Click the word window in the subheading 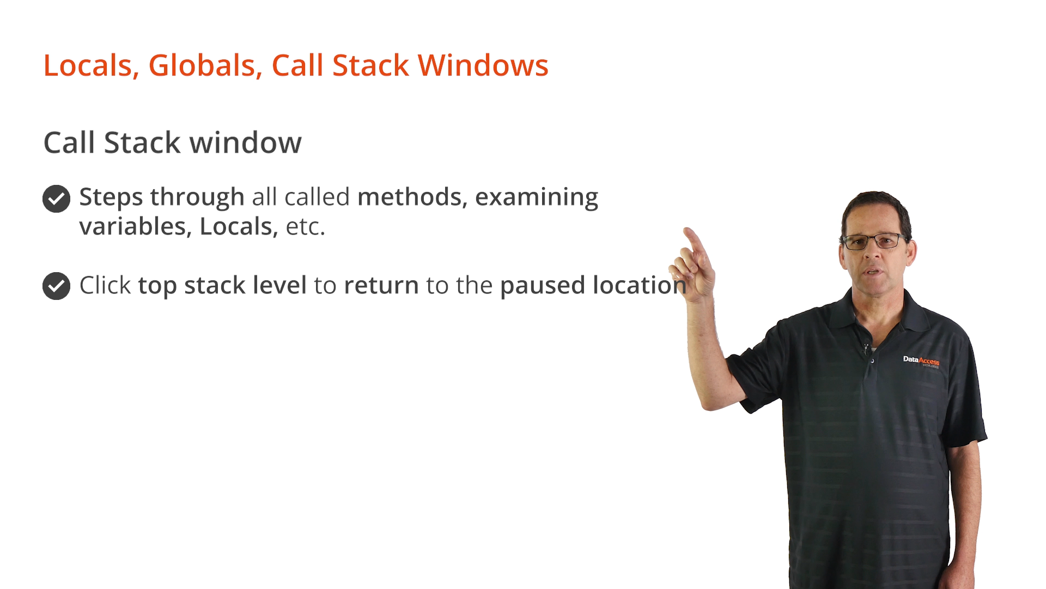click(245, 143)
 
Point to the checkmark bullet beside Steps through click(56, 199)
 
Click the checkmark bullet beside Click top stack click(56, 286)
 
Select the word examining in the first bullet click(537, 197)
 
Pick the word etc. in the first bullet click(306, 227)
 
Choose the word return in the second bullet click(381, 286)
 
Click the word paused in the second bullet click(543, 286)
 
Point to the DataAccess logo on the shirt click(921, 361)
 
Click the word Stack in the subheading click(142, 143)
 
